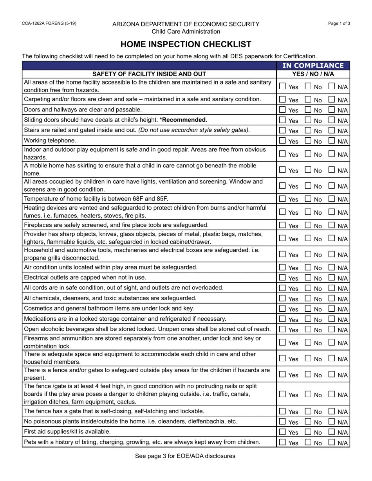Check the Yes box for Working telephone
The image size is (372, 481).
283,140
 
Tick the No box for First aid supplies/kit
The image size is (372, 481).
308,432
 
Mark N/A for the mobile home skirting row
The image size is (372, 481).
332,170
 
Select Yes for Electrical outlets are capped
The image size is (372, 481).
283,278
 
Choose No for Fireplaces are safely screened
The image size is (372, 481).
308,225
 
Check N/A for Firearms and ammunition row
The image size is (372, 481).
332,342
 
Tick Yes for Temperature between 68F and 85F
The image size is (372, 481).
283,199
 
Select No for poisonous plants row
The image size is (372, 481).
308,422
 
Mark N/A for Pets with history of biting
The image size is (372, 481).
332,442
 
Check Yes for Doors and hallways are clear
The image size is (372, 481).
283,109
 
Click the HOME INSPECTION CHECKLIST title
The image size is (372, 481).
186,44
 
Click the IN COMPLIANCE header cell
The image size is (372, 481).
313,66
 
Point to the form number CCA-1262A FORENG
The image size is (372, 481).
49,23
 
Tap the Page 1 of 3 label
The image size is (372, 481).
339,23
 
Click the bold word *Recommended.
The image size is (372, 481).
183,120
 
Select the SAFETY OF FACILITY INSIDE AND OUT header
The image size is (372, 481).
149,74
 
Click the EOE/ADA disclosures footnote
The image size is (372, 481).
185,456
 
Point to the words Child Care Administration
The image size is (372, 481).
186,32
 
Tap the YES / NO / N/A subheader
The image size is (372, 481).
313,74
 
